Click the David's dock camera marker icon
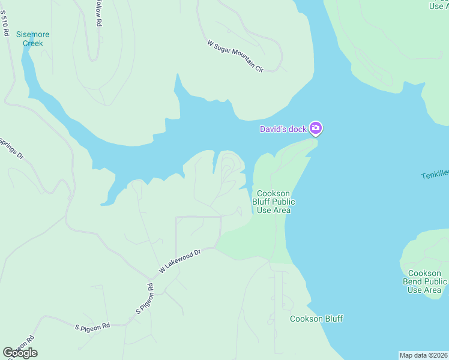316,128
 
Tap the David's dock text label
283,129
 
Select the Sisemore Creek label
33,38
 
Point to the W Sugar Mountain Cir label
235,56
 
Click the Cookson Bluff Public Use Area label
274,202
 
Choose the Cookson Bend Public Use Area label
424,281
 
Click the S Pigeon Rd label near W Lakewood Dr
145,298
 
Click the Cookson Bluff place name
316,319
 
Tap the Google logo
20,353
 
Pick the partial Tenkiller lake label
435,175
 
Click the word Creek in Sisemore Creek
33,43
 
